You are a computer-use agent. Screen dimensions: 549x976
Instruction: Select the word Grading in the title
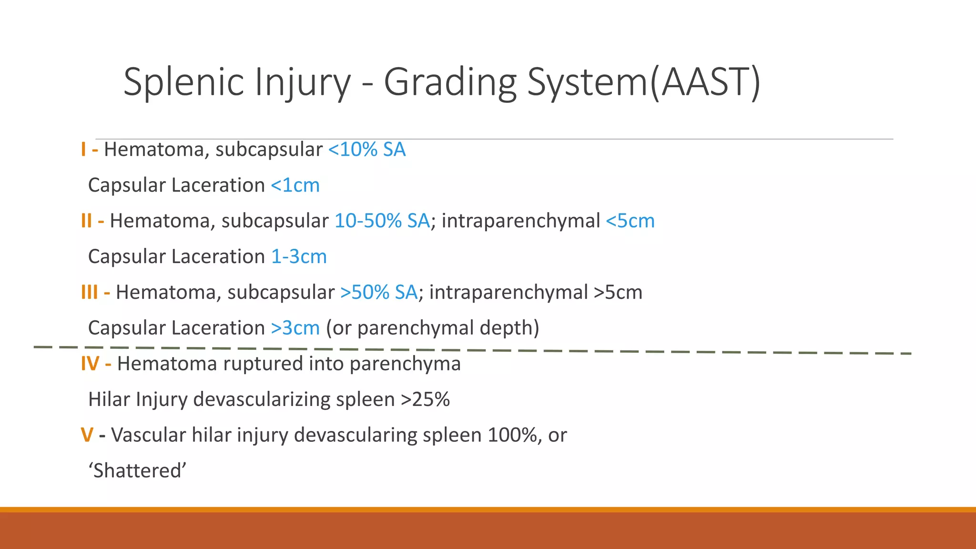pyautogui.click(x=450, y=82)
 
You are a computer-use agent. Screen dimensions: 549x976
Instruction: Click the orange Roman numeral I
pyautogui.click(x=83, y=150)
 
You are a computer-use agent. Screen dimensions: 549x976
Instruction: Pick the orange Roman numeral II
pyautogui.click(x=86, y=221)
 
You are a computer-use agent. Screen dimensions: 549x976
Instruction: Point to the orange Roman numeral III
pyautogui.click(x=89, y=292)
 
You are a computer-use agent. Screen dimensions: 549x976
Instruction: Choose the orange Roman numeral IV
pyautogui.click(x=90, y=364)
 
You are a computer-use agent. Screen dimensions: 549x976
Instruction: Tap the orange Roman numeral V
pyautogui.click(x=87, y=435)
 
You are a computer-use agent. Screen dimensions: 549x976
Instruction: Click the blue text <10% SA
pyautogui.click(x=367, y=150)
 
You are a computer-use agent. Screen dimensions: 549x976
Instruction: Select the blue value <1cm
pyautogui.click(x=295, y=185)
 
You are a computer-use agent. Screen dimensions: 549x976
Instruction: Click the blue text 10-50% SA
pyautogui.click(x=382, y=221)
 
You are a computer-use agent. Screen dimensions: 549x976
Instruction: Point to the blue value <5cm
pyautogui.click(x=630, y=221)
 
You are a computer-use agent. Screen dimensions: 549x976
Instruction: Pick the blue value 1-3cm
pyautogui.click(x=299, y=257)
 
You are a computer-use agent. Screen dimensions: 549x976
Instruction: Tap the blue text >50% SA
pyautogui.click(x=379, y=292)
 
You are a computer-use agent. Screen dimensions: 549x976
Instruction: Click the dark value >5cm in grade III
pyautogui.click(x=618, y=292)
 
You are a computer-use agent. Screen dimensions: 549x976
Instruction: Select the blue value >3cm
pyautogui.click(x=295, y=328)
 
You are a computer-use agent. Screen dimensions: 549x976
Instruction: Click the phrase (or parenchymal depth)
pyautogui.click(x=432, y=328)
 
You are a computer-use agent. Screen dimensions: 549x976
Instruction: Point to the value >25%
pyautogui.click(x=425, y=399)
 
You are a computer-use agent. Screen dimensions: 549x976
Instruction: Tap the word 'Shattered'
pyautogui.click(x=137, y=471)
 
